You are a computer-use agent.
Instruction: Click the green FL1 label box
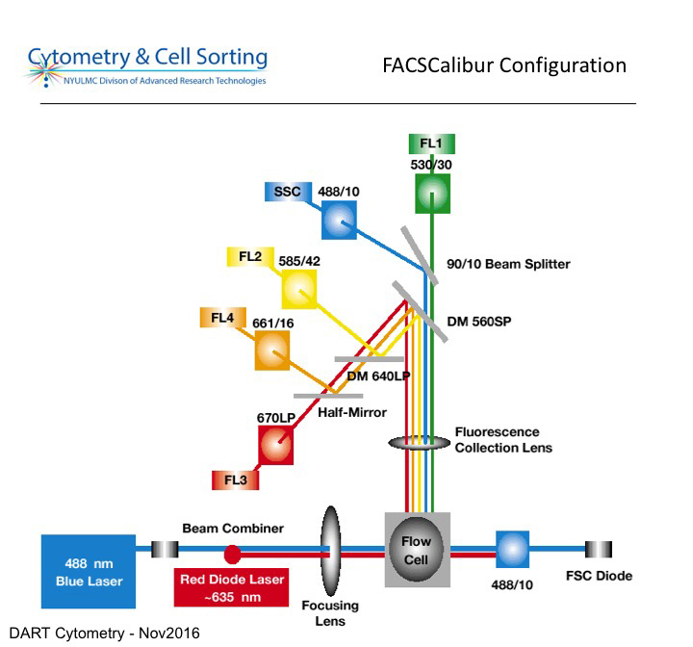pyautogui.click(x=430, y=144)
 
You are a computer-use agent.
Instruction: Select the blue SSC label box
pyautogui.click(x=287, y=192)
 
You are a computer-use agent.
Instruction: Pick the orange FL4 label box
pyautogui.click(x=219, y=316)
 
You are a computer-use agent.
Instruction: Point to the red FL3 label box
pyautogui.click(x=235, y=479)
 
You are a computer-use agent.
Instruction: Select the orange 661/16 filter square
pyautogui.click(x=272, y=350)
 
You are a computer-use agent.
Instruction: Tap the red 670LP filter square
pyautogui.click(x=275, y=445)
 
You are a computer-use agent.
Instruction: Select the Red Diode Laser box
pyautogui.click(x=232, y=586)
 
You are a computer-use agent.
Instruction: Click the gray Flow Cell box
pyautogui.click(x=417, y=550)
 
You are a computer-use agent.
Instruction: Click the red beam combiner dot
pyautogui.click(x=232, y=554)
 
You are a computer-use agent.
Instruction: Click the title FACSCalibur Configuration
pyautogui.click(x=504, y=65)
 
